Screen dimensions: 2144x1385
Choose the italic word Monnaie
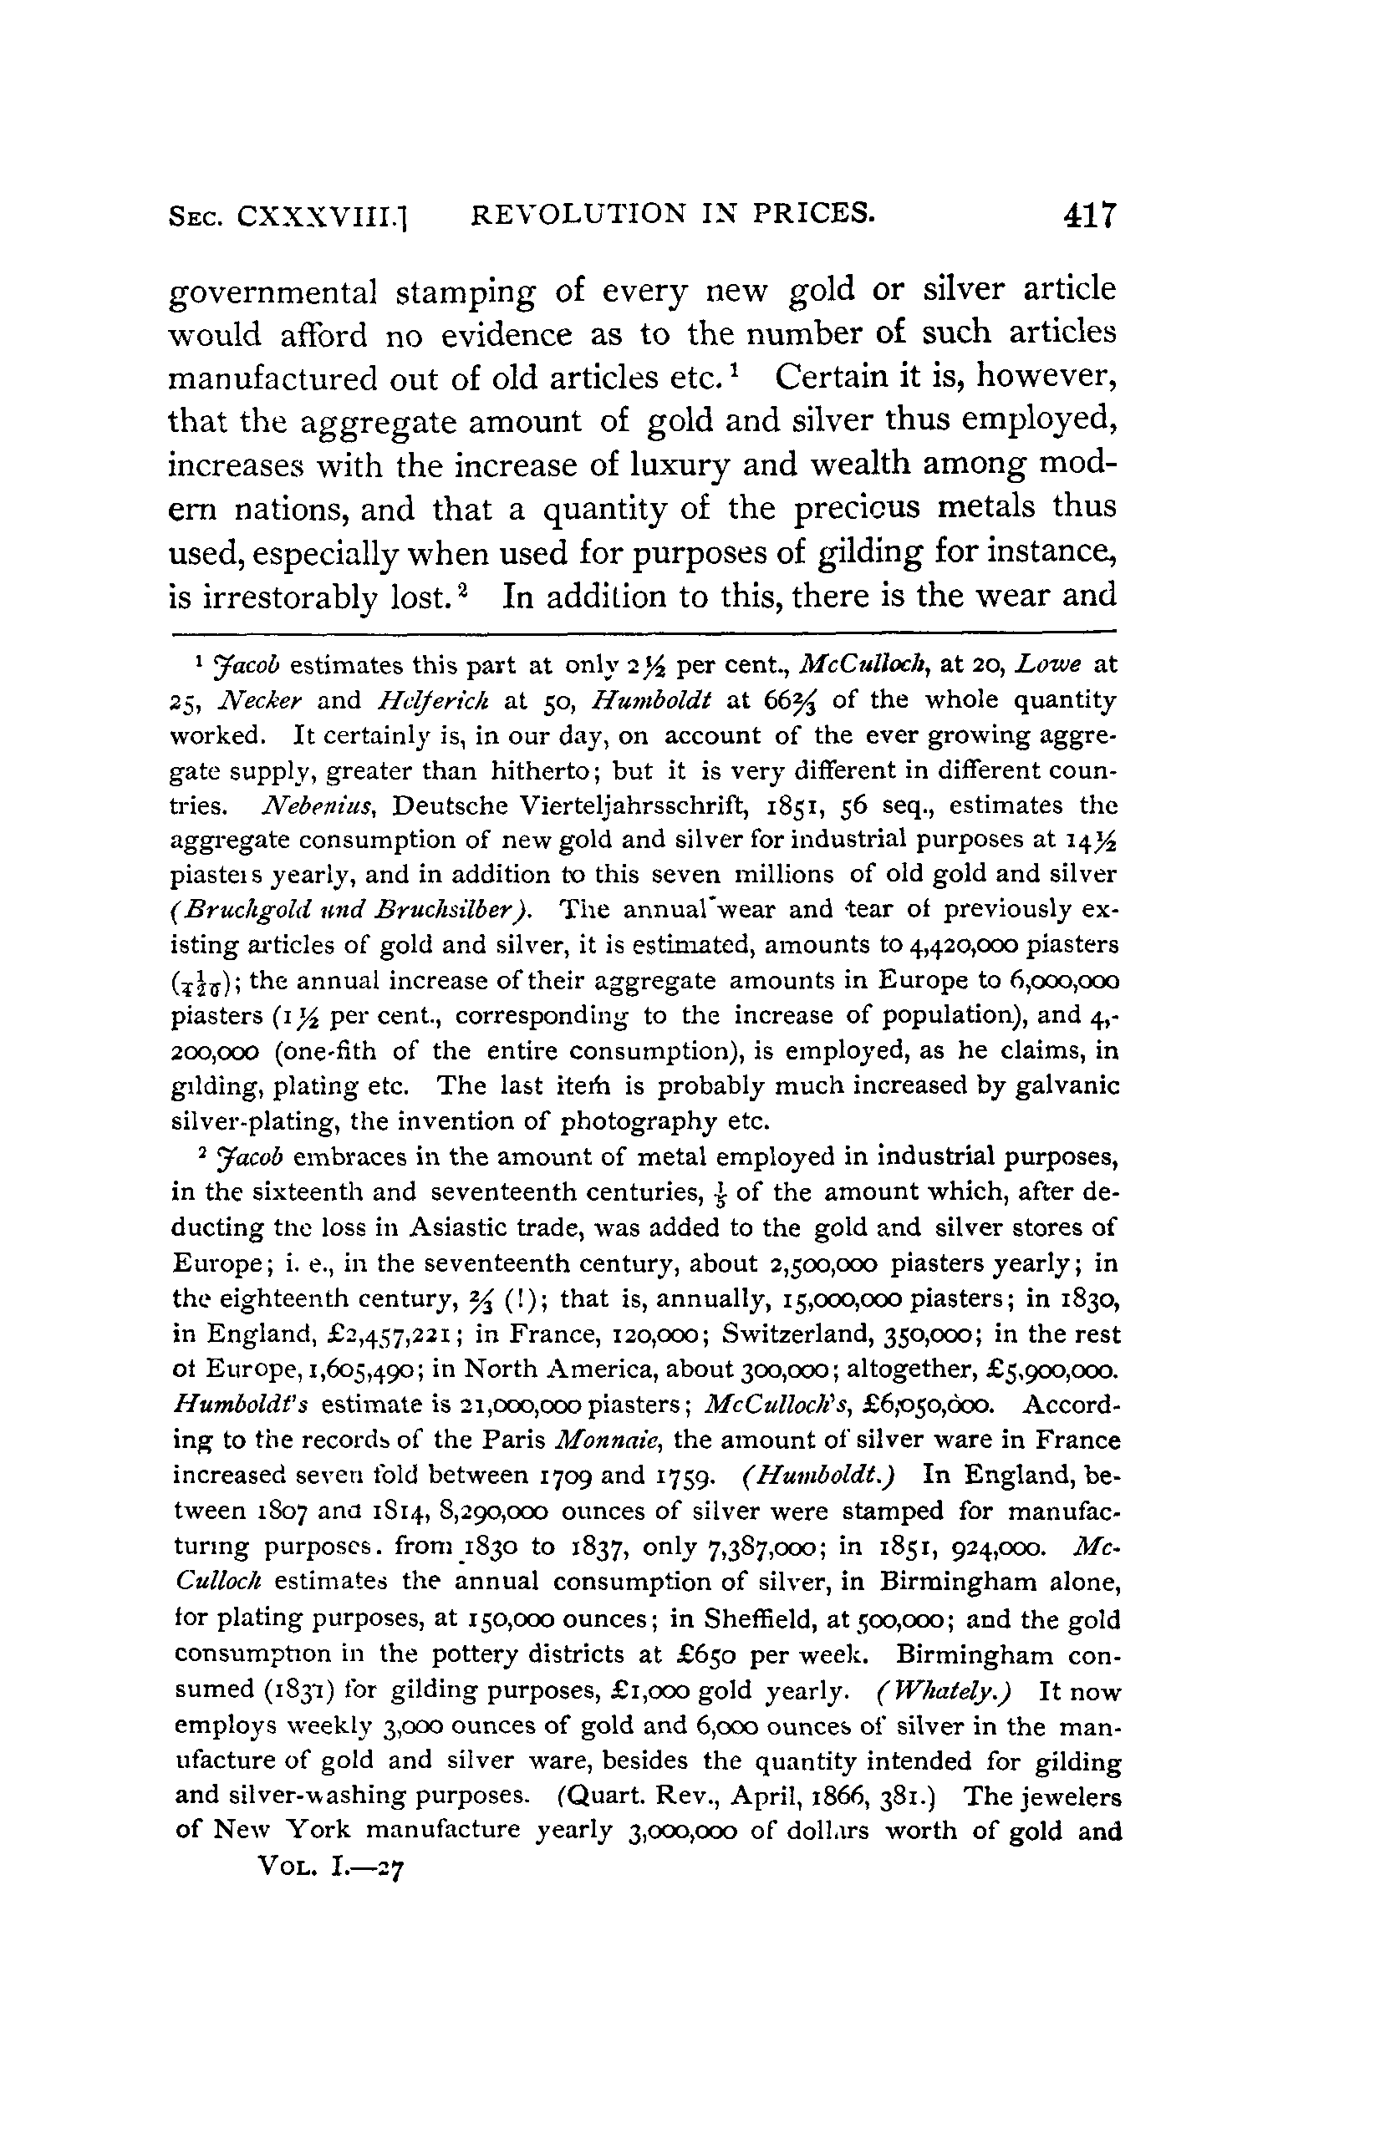[608, 1440]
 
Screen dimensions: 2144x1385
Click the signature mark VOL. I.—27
[332, 1868]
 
